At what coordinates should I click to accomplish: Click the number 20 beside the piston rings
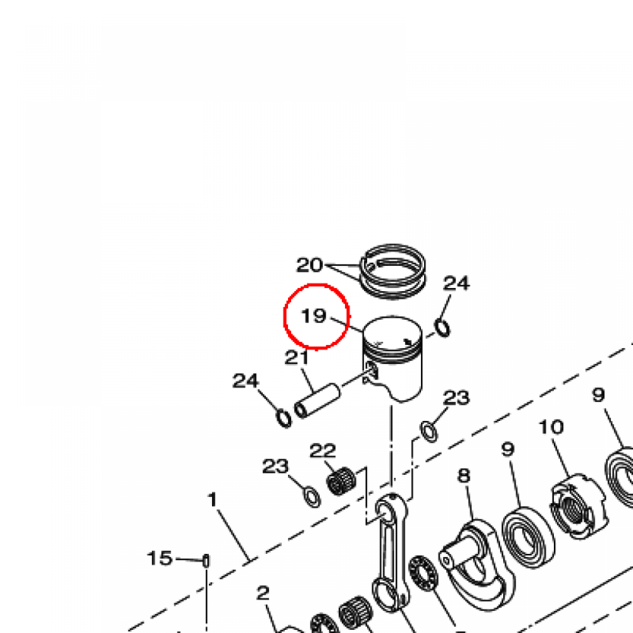[310, 265]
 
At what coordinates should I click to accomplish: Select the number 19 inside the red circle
[314, 315]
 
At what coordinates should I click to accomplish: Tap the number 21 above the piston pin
[297, 357]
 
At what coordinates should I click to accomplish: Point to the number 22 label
[323, 451]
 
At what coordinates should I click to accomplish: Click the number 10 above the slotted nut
[551, 427]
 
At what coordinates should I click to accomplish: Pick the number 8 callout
[464, 475]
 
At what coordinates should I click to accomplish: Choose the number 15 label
[160, 558]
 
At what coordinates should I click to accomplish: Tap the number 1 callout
[213, 499]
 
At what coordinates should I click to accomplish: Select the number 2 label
[263, 593]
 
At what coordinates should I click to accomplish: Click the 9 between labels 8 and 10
[508, 449]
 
